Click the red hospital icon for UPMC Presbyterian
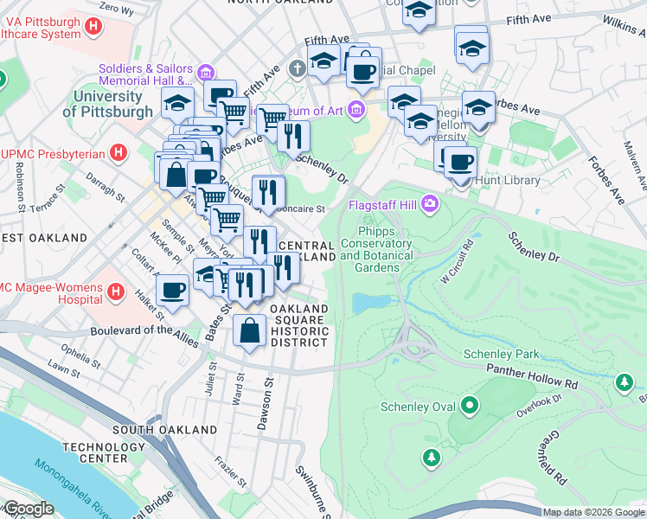(119, 154)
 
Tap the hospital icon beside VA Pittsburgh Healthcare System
(93, 26)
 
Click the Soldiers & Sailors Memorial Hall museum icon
(205, 71)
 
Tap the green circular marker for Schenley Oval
(469, 404)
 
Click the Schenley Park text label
(501, 354)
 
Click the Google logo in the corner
(28, 509)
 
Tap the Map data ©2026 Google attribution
(593, 512)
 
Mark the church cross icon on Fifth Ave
(296, 67)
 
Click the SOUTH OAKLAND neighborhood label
(164, 430)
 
